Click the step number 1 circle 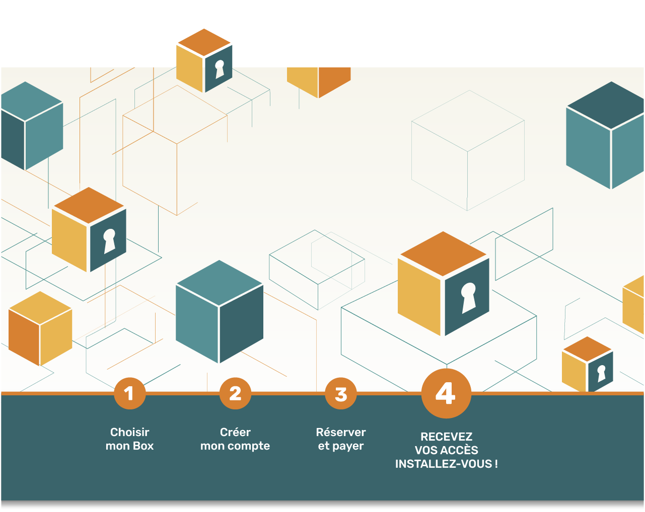129,393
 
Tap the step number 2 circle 235,393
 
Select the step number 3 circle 341,394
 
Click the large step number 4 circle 446,393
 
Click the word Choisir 130,432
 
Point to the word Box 143,446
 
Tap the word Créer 235,432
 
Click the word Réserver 341,432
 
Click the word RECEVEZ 447,437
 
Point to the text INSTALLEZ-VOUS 444,464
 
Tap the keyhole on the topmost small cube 220,69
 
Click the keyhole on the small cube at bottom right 601,373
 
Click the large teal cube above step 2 220,312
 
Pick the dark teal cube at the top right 605,136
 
